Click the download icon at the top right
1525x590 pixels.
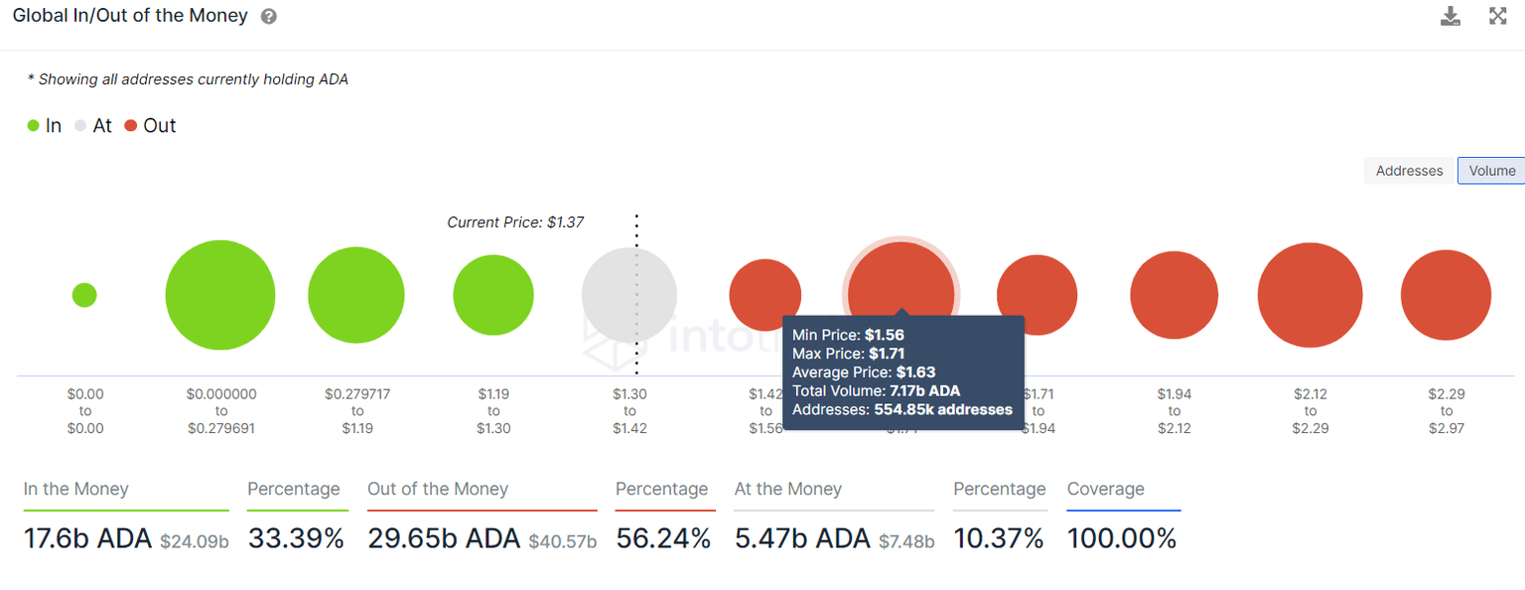(1451, 16)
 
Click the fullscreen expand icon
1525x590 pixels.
(1498, 16)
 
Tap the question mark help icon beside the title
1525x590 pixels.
(269, 17)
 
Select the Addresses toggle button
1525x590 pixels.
(1409, 171)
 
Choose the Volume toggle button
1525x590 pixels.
(1491, 171)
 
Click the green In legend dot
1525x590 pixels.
(33, 126)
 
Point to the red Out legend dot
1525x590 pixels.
(130, 126)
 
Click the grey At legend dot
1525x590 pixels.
(81, 126)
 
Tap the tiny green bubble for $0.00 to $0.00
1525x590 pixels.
(84, 295)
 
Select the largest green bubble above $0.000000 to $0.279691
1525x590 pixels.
(220, 295)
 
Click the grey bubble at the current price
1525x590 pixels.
(628, 295)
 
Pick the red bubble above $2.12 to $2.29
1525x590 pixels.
(1310, 295)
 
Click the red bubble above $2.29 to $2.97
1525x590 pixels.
(1446, 295)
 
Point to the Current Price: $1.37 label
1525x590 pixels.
(515, 222)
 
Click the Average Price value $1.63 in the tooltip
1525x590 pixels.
(915, 372)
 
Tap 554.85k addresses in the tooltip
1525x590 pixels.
(943, 409)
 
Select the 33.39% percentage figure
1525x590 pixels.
(296, 539)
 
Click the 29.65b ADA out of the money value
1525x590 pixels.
(444, 539)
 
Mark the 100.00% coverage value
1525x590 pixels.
(1122, 539)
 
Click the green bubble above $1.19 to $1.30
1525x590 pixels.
(493, 295)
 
